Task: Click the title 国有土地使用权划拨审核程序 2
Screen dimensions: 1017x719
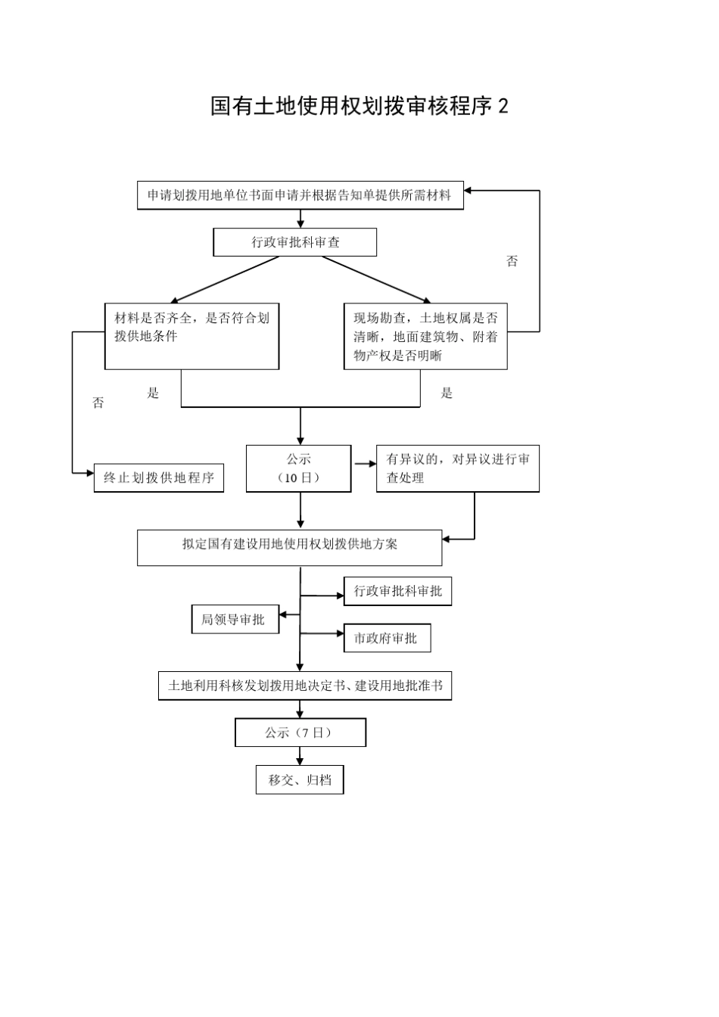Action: [x=359, y=107]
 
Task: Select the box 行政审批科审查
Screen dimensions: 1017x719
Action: [x=295, y=242]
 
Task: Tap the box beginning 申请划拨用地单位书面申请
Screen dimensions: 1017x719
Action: [x=300, y=195]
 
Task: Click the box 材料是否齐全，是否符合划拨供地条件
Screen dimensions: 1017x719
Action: [x=191, y=336]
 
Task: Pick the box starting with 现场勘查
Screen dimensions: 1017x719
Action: [x=425, y=336]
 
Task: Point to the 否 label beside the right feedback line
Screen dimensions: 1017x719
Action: [x=512, y=261]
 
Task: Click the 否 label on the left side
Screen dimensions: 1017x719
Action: [x=98, y=403]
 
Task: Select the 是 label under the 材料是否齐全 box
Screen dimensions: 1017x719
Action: [x=153, y=393]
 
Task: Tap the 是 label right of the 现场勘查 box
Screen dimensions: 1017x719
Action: [x=447, y=393]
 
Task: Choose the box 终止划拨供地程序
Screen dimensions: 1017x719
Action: [x=159, y=477]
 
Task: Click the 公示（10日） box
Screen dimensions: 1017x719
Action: [x=299, y=468]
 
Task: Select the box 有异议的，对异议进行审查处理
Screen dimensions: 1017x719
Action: [x=457, y=468]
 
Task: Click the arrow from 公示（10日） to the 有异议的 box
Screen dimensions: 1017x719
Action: [x=364, y=463]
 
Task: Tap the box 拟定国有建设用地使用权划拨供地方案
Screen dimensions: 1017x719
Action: [x=289, y=547]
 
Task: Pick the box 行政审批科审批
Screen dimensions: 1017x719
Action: [x=397, y=591]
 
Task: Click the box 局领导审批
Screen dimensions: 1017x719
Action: [x=235, y=620]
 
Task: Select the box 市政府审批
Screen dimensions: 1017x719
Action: [x=387, y=638]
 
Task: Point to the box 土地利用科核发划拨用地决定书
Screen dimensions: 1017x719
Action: [x=305, y=686]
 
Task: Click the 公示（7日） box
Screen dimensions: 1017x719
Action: [x=300, y=732]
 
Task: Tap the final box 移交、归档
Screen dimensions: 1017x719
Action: [x=300, y=779]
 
